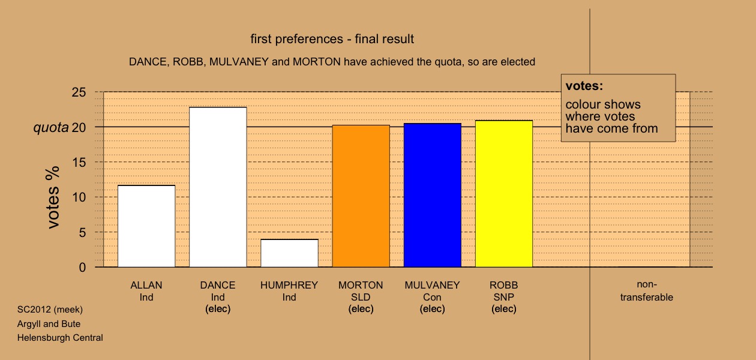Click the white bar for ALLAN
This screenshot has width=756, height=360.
[x=146, y=226]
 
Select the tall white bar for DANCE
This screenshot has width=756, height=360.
[x=218, y=187]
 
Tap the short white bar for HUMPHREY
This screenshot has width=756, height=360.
[x=290, y=253]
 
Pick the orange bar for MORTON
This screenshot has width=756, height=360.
[x=361, y=196]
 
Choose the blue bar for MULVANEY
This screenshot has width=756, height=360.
[x=433, y=195]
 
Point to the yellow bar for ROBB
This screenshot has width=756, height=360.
[x=504, y=194]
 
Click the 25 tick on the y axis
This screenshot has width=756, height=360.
[x=79, y=92]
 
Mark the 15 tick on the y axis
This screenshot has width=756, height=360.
[x=79, y=162]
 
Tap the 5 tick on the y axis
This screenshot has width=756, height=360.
[x=82, y=232]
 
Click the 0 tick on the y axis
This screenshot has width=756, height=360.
[x=82, y=268]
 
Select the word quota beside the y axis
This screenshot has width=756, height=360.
[x=51, y=128]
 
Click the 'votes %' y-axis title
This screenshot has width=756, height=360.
[x=53, y=197]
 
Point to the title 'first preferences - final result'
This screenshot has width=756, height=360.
[x=332, y=39]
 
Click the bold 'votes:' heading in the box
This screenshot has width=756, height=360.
[x=584, y=86]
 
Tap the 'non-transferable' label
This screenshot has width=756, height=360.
[x=647, y=291]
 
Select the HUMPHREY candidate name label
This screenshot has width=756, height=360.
[x=289, y=286]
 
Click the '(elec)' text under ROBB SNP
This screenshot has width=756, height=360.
[x=504, y=309]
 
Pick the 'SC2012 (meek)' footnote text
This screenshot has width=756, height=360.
[x=50, y=310]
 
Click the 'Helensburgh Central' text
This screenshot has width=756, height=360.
[x=60, y=338]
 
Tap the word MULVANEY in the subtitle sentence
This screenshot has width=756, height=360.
[x=239, y=62]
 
